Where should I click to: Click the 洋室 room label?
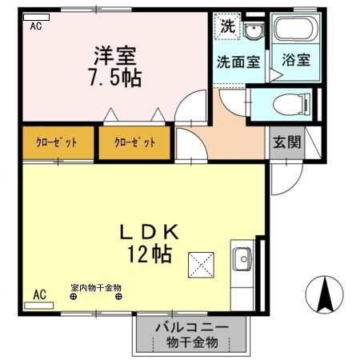(x=116, y=56)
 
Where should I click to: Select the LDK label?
(x=149, y=232)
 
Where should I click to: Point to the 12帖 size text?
(x=149, y=255)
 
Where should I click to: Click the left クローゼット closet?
(x=56, y=143)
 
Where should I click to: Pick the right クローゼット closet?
(x=134, y=143)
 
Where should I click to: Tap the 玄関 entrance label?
(x=286, y=144)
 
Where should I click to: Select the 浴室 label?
(x=296, y=59)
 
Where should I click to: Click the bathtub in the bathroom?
(x=295, y=31)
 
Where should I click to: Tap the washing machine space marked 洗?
(x=228, y=26)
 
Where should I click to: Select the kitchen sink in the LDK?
(x=242, y=259)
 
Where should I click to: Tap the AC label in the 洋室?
(x=36, y=26)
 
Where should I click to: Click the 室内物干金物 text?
(x=95, y=287)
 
